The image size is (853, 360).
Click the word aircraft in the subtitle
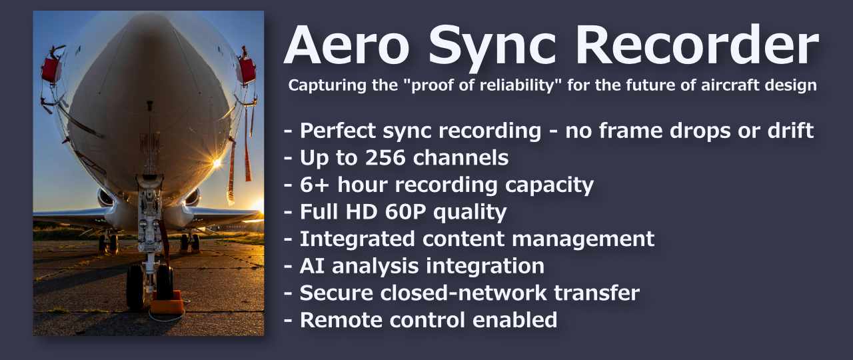tap(733, 86)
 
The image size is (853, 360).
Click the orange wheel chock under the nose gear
tap(166, 305)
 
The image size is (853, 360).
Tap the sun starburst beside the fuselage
tap(217, 163)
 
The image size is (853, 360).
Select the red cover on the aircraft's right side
tap(247, 71)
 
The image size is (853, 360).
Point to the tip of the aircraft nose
tap(150, 100)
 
